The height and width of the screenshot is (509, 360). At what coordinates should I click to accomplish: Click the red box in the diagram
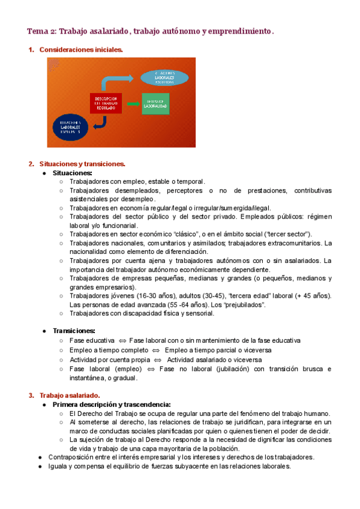point(106,103)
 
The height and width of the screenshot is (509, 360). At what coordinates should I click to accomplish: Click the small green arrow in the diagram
point(132,104)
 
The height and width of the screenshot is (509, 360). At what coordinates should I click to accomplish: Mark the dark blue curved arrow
point(101,122)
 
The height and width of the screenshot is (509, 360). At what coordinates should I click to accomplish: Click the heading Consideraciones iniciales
point(81,50)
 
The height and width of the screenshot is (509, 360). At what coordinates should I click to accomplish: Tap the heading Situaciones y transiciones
point(82,164)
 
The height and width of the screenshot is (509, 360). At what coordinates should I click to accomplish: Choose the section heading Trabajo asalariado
point(70,396)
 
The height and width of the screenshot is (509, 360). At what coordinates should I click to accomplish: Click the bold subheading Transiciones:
point(74,331)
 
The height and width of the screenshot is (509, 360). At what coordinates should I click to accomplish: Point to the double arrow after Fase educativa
point(122,341)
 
